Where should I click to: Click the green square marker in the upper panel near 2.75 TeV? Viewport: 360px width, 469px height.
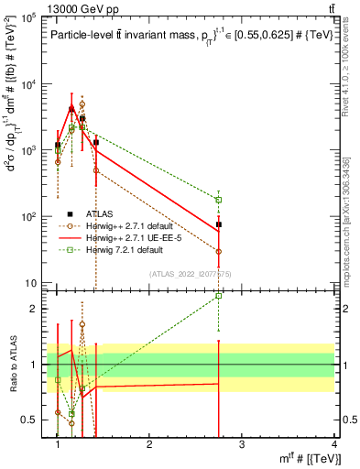(219, 200)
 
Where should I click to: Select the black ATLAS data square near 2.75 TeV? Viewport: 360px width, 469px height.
(219, 224)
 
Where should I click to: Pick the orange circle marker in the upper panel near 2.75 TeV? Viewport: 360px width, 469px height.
(219, 251)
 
